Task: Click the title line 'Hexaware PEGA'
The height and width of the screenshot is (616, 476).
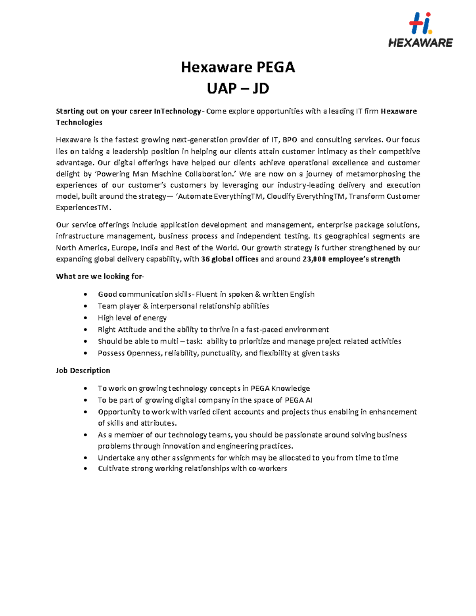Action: [x=238, y=67]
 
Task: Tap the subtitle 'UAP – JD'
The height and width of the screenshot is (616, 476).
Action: [x=238, y=88]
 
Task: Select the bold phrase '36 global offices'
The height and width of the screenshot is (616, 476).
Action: [x=230, y=259]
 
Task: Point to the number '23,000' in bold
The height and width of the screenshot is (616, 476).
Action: [x=314, y=259]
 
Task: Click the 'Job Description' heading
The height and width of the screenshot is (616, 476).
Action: [x=83, y=370]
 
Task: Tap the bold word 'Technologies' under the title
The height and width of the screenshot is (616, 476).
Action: [x=79, y=122]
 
